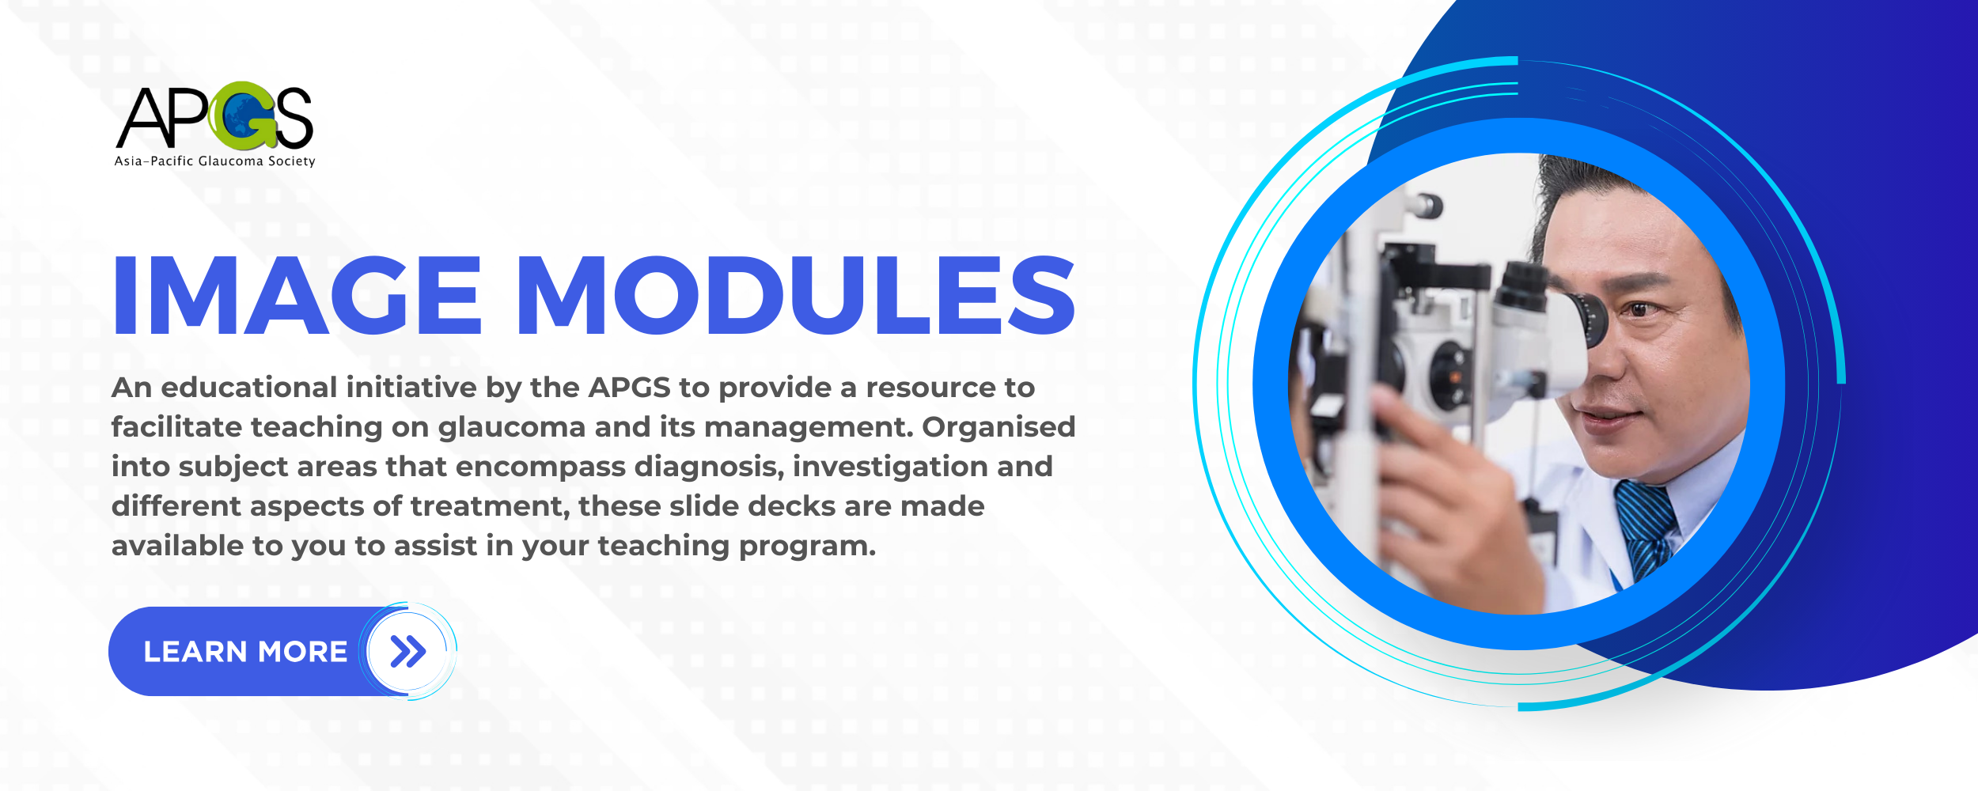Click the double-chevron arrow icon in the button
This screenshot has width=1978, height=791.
pos(407,651)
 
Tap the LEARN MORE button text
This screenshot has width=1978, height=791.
pos(245,652)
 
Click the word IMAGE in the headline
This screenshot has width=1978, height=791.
pos(297,296)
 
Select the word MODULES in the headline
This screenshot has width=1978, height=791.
pos(796,296)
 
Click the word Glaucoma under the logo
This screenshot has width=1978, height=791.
pos(230,161)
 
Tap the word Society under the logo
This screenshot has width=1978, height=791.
pos(291,161)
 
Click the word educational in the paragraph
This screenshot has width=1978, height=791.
pos(249,388)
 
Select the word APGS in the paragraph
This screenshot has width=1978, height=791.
pos(629,388)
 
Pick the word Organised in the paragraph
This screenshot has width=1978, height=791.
pos(998,427)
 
